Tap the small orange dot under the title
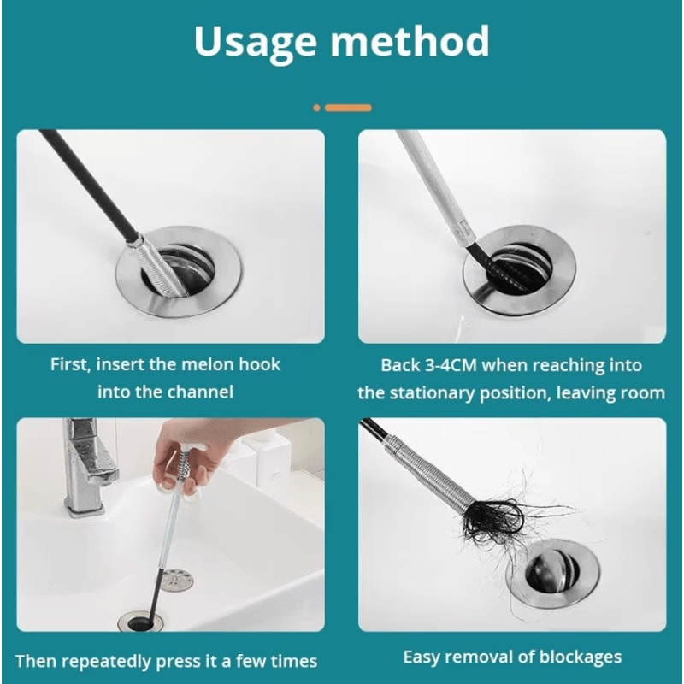(316, 108)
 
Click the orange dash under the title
(348, 108)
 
